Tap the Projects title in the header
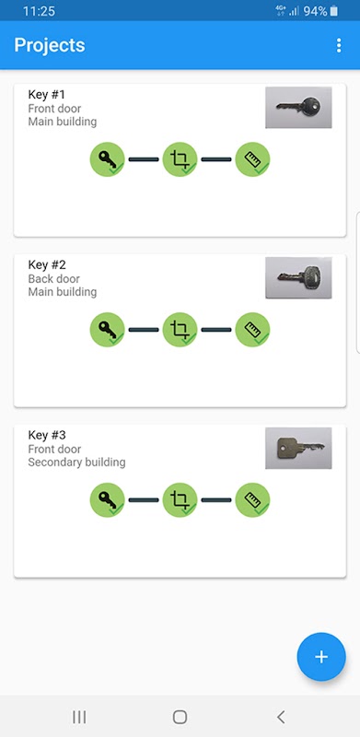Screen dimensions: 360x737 click(50, 45)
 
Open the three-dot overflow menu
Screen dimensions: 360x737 click(339, 45)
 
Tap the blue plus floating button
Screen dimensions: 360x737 click(321, 657)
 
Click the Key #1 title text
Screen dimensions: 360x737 click(47, 95)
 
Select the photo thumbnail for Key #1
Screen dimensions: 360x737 click(298, 107)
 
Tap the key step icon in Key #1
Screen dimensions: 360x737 click(107, 159)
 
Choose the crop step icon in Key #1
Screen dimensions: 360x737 click(180, 159)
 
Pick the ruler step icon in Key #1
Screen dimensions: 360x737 click(252, 159)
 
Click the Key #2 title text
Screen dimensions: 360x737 click(47, 265)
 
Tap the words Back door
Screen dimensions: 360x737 click(54, 279)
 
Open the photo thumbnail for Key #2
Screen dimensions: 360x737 click(298, 278)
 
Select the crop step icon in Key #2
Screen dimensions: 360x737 click(180, 330)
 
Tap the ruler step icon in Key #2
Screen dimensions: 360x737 click(252, 330)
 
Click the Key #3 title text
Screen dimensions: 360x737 click(47, 435)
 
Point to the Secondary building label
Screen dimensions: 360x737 click(76, 462)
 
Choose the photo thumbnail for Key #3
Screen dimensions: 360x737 click(298, 448)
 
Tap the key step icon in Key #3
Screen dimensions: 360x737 click(107, 500)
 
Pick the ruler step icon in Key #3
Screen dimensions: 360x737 click(252, 500)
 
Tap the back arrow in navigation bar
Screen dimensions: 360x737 click(281, 717)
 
